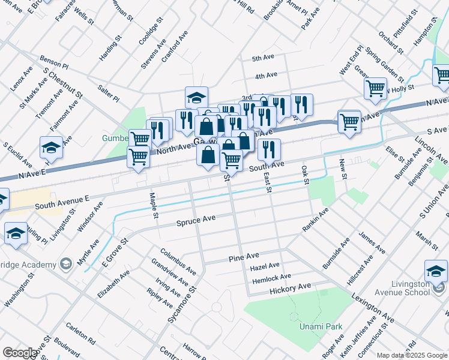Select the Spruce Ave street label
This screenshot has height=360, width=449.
196,221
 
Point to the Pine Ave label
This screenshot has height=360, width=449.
244,257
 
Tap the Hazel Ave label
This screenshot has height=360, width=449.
265,265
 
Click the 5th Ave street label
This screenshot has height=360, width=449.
263,58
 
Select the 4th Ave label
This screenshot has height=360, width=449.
265,76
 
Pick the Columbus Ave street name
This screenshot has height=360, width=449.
178,259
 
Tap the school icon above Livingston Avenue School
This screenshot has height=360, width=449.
435,270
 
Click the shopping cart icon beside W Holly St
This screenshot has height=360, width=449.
375,88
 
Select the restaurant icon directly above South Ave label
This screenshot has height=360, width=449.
269,149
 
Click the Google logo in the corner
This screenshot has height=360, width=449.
19,353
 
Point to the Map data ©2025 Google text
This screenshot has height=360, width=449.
412,355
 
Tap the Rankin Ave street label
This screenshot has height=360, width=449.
315,220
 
